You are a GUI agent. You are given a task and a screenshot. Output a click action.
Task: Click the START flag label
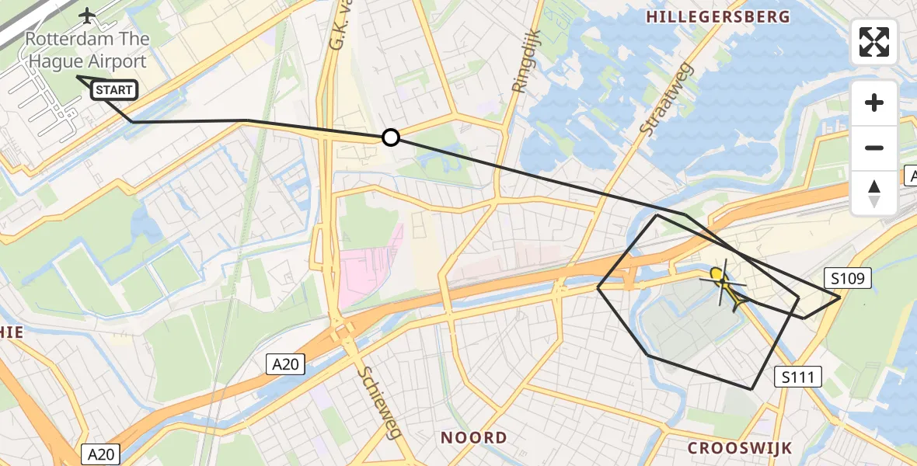click(x=114, y=90)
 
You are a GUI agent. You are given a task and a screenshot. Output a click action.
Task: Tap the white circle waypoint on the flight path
click(x=391, y=137)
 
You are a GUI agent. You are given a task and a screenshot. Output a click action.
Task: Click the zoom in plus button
click(x=874, y=103)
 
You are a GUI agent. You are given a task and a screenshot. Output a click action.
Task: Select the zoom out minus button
click(x=874, y=148)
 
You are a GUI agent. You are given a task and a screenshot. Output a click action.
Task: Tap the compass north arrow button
click(x=874, y=193)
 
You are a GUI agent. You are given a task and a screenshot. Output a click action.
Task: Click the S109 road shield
click(x=847, y=278)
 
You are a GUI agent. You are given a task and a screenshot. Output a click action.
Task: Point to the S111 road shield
click(x=798, y=377)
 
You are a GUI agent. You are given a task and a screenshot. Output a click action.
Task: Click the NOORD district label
click(x=473, y=437)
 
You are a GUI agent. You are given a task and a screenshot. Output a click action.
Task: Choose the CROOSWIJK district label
click(x=740, y=448)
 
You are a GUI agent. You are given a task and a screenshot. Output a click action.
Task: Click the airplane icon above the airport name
click(x=86, y=15)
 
